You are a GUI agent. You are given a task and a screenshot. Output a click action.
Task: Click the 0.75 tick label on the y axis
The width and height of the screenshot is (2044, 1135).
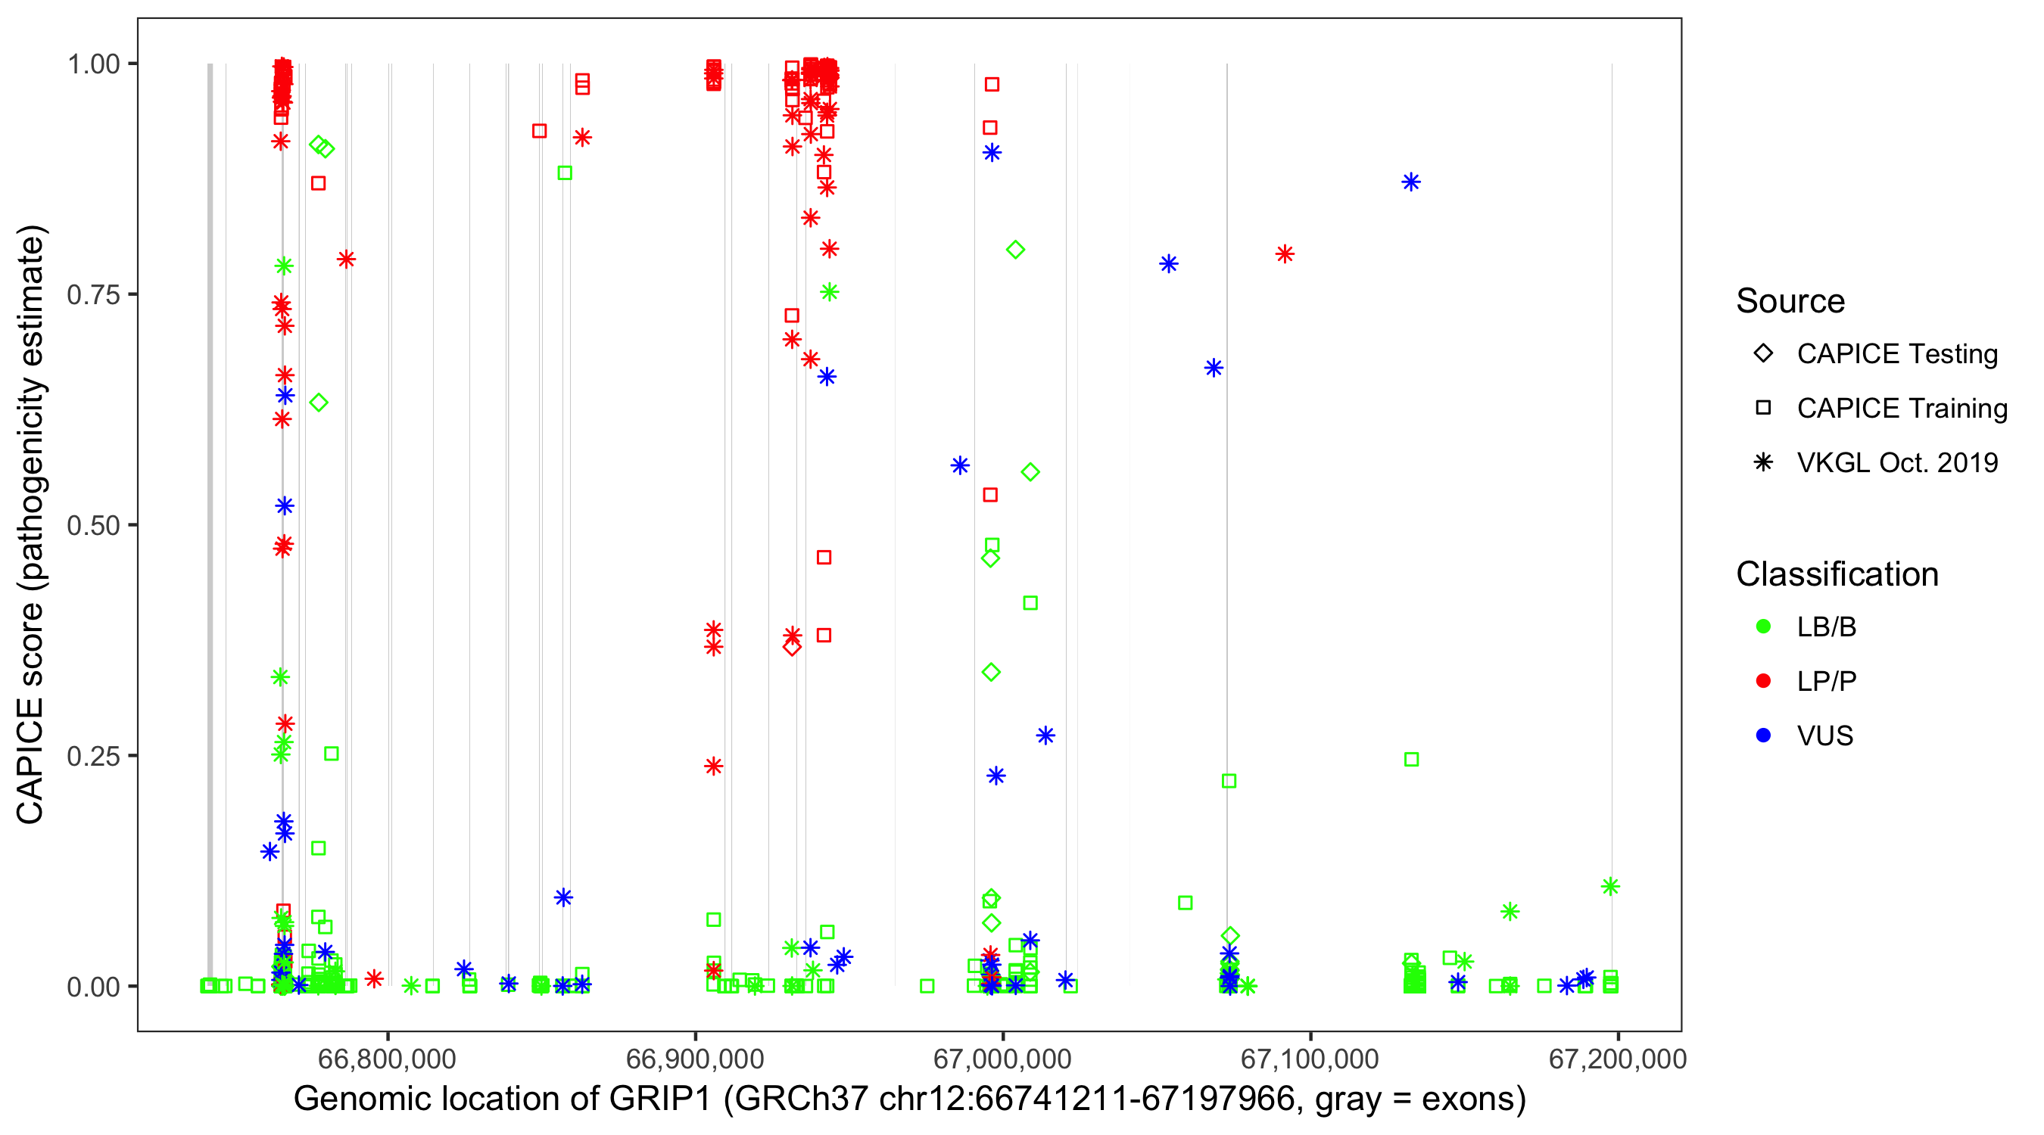tap(93, 295)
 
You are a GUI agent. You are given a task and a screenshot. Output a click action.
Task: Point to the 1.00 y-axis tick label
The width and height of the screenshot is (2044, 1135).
tap(93, 64)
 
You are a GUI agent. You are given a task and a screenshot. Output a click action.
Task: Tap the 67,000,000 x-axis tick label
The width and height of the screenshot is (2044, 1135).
tap(1002, 1058)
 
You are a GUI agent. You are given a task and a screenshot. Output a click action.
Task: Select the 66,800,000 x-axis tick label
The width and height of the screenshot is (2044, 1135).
tap(387, 1058)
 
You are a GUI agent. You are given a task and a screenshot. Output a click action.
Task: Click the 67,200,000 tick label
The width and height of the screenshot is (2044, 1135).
tap(1617, 1058)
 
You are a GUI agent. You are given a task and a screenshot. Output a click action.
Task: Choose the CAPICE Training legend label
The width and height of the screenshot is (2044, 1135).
tap(1902, 409)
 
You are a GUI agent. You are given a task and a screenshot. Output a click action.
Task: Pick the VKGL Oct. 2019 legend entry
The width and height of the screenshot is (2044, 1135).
tap(1896, 463)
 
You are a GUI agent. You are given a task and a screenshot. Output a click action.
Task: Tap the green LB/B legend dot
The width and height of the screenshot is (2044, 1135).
tap(1763, 627)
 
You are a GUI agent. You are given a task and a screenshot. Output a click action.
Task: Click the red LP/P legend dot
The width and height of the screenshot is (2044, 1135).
tap(1763, 681)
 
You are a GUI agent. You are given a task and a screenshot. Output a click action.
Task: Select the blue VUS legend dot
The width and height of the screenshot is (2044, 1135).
tap(1763, 736)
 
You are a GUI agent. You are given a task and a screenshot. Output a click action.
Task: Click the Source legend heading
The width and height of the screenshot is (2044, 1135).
tap(1790, 301)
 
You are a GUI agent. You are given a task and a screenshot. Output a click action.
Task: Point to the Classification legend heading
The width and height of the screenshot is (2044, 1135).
tap(1837, 574)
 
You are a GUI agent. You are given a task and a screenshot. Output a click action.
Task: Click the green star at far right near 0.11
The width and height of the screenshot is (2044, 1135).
tap(1610, 887)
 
